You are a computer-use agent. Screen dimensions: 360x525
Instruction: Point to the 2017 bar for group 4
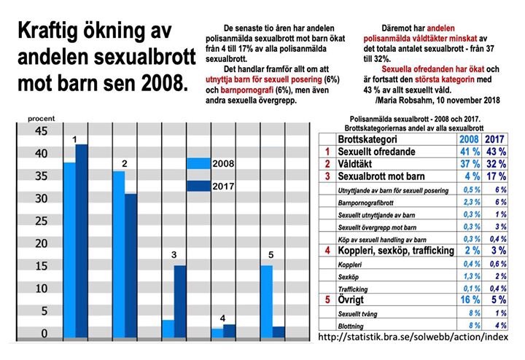pyautogui.click(x=229, y=332)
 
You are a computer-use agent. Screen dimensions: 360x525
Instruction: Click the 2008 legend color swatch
pyautogui.click(x=198, y=165)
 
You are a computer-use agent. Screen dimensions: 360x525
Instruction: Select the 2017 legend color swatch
pyautogui.click(x=198, y=186)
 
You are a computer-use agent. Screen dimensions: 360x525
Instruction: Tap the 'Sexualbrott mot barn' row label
pyautogui.click(x=384, y=177)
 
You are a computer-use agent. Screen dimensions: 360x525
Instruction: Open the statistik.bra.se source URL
pyautogui.click(x=414, y=337)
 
